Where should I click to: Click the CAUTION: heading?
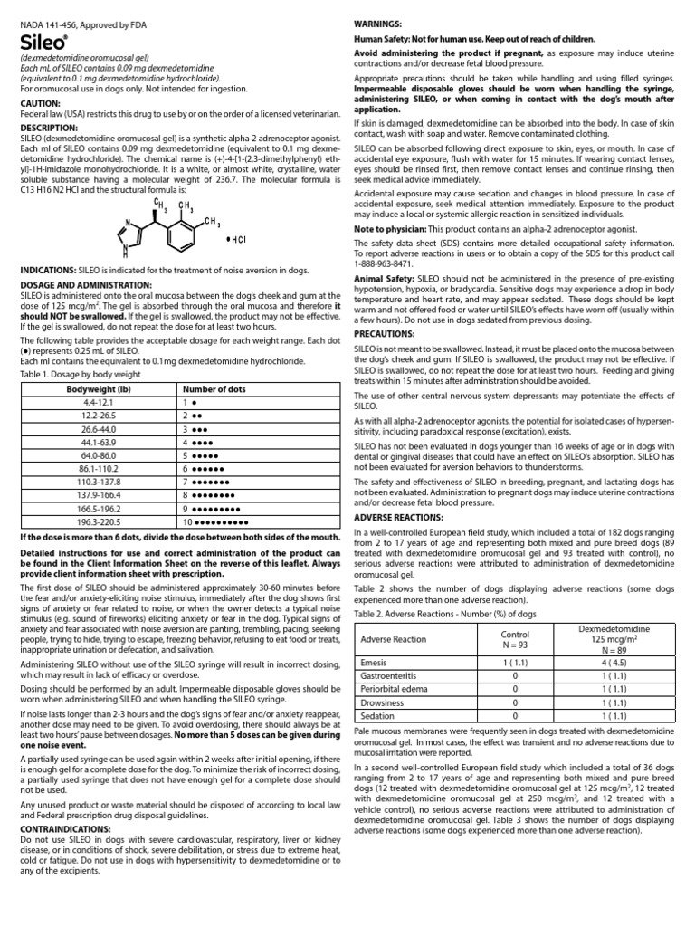[41, 104]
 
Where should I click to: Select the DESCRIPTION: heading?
[50, 129]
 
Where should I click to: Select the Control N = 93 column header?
[514, 639]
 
